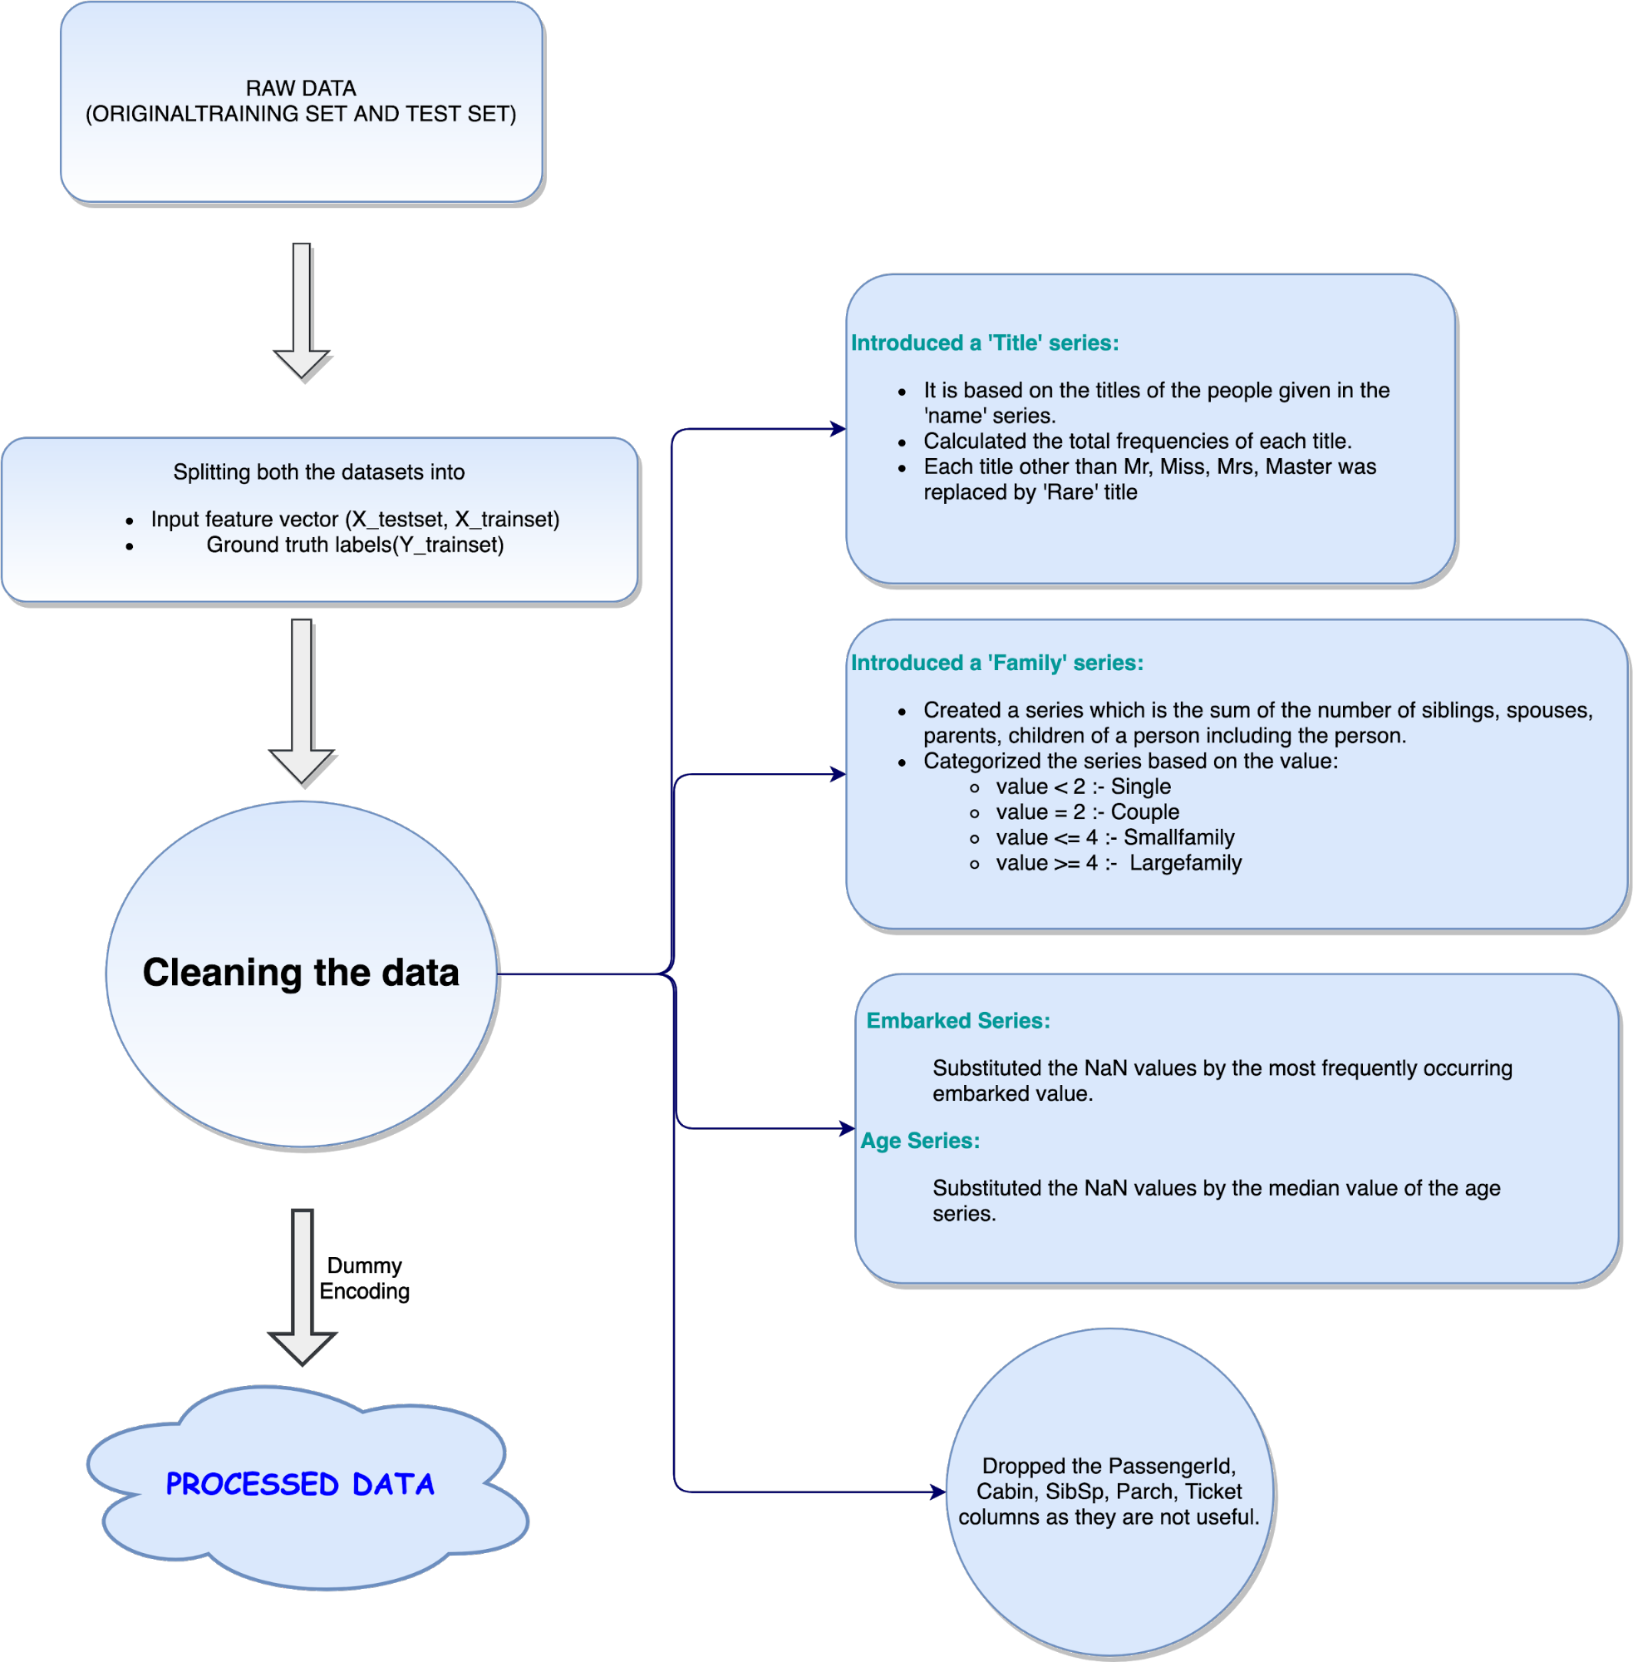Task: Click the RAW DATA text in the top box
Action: (x=301, y=88)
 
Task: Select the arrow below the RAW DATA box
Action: (x=301, y=310)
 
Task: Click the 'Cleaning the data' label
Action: (x=301, y=973)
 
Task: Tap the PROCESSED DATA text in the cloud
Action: (x=300, y=1484)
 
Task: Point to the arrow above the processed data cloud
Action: (x=302, y=1286)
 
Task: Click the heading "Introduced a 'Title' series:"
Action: (x=985, y=343)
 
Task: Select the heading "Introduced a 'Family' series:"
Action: (x=996, y=663)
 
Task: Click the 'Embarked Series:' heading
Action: (x=958, y=1021)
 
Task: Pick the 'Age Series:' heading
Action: (x=920, y=1142)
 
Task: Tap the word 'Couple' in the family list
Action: (x=1145, y=812)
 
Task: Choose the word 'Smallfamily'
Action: (x=1179, y=837)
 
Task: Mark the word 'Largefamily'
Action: (x=1185, y=863)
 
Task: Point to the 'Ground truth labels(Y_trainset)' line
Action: (x=355, y=545)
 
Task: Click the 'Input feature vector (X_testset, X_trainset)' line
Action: (x=355, y=520)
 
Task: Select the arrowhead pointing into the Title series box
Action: (x=839, y=429)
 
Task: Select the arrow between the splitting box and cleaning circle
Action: (x=301, y=699)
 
